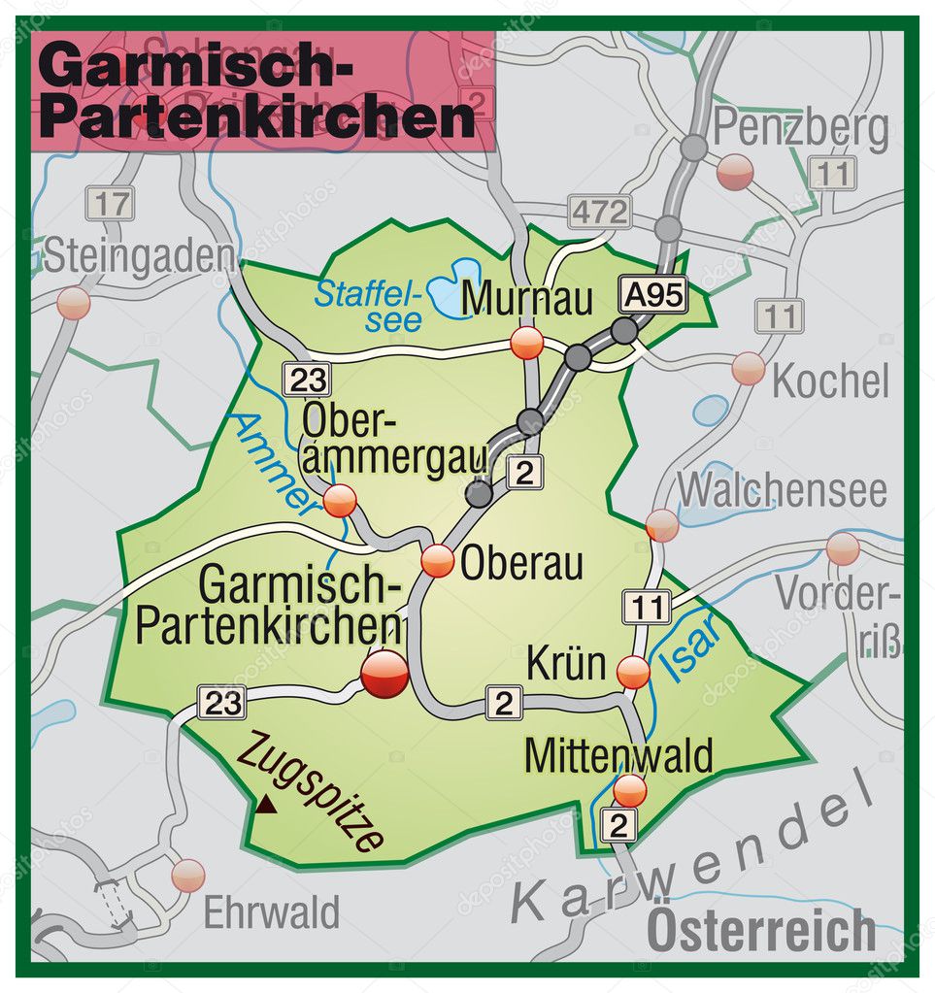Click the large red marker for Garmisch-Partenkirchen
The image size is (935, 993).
point(384,673)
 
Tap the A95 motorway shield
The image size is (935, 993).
point(653,294)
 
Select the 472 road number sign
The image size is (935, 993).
point(600,211)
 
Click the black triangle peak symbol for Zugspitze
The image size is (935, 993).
point(263,803)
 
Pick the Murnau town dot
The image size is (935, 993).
point(527,343)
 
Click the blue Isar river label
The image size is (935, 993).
point(689,644)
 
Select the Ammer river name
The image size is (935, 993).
point(277,460)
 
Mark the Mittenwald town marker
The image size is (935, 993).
point(629,790)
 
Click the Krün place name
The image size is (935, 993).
point(566,665)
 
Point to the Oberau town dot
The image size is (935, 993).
point(438,560)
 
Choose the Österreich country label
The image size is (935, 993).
point(761,930)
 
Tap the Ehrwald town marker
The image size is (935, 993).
point(188,875)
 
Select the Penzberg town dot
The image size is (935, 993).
point(735,172)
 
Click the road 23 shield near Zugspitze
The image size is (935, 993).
point(222,702)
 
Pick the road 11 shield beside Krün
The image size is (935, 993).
point(646,608)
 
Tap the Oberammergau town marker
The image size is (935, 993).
point(340,500)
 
